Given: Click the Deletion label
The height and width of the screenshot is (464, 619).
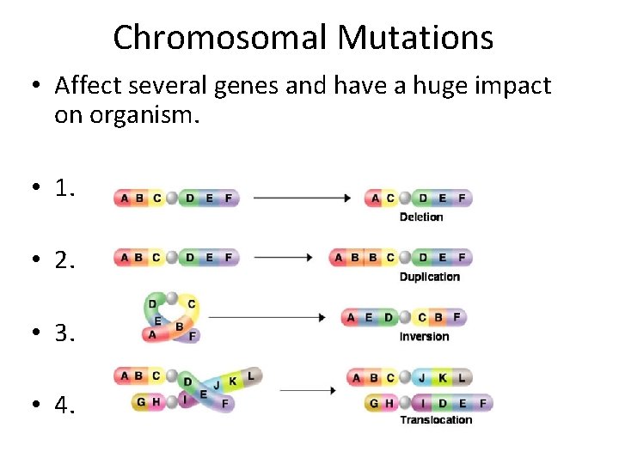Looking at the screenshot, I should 421,217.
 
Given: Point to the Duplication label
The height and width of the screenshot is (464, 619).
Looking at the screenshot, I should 429,277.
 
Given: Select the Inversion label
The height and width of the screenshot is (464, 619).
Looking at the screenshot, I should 424,336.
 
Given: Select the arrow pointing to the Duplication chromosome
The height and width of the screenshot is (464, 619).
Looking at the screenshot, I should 285,257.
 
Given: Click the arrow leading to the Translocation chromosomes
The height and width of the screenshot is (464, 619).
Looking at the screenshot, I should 307,390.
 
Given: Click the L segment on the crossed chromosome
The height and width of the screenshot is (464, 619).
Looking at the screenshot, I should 251,375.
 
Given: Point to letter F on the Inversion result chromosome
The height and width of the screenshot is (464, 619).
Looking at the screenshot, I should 457,317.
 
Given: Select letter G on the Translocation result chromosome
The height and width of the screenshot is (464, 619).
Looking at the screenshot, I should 373,403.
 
